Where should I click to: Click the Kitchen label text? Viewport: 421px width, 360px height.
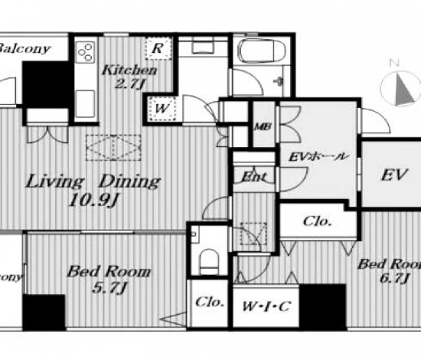(x=129, y=70)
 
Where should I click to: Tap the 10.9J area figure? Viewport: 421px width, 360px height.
(x=93, y=200)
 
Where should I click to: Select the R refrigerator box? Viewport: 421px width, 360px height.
(x=158, y=48)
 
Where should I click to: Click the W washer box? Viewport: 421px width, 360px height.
(x=162, y=109)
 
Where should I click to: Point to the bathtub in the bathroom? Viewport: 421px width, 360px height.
(x=262, y=51)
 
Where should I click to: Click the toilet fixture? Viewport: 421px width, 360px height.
(x=209, y=261)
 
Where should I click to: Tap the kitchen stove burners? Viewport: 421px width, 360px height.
(x=86, y=52)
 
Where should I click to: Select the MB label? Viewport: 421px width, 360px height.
(x=263, y=126)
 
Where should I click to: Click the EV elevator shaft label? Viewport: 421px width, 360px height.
(x=395, y=175)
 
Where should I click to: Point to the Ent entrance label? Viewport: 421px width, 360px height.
(x=254, y=177)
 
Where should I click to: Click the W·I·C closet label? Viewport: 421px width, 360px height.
(x=266, y=306)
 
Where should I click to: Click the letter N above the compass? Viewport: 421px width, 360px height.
(x=394, y=63)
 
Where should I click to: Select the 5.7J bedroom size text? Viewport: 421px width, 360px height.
(x=109, y=288)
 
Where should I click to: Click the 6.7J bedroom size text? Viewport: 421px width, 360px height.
(x=394, y=278)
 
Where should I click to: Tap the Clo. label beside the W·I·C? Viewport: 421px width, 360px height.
(x=210, y=302)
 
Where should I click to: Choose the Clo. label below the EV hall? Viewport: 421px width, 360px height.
(x=317, y=221)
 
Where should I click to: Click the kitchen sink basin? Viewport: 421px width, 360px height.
(x=86, y=104)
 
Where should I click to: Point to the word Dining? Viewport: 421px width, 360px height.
(x=130, y=182)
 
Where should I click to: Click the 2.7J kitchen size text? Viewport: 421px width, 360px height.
(x=130, y=83)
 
